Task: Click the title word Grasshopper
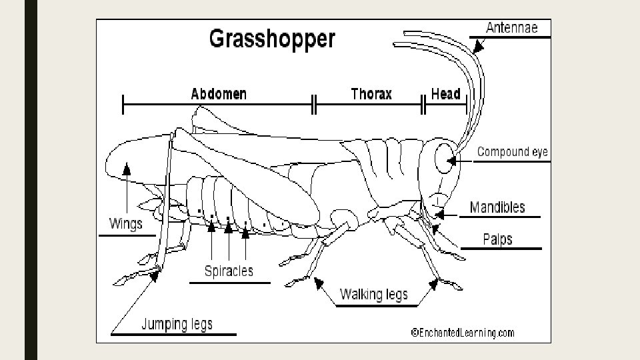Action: coord(272,38)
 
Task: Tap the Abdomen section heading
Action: coord(219,94)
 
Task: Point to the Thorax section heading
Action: coord(371,94)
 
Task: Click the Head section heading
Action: coord(445,94)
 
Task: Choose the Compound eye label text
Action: coord(512,152)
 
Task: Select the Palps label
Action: coord(497,239)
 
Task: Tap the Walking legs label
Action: coord(373,294)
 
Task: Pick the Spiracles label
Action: coord(229,271)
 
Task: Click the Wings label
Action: coord(125,223)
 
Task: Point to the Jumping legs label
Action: coord(177,325)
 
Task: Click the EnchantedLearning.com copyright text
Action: coord(462,333)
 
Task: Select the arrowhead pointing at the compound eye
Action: coord(453,160)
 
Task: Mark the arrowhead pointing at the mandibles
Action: coord(441,214)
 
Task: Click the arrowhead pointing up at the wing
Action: coord(126,168)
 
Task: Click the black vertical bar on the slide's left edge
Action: coord(31,180)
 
